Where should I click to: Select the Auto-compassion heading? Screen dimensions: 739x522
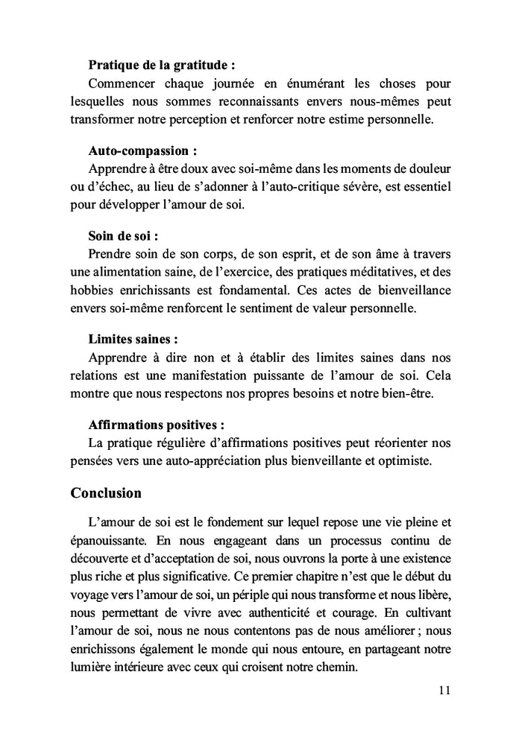coord(138,151)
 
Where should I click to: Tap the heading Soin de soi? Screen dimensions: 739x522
coord(123,237)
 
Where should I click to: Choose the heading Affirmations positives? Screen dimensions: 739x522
coord(155,426)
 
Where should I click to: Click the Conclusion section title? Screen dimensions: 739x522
coord(106,493)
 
